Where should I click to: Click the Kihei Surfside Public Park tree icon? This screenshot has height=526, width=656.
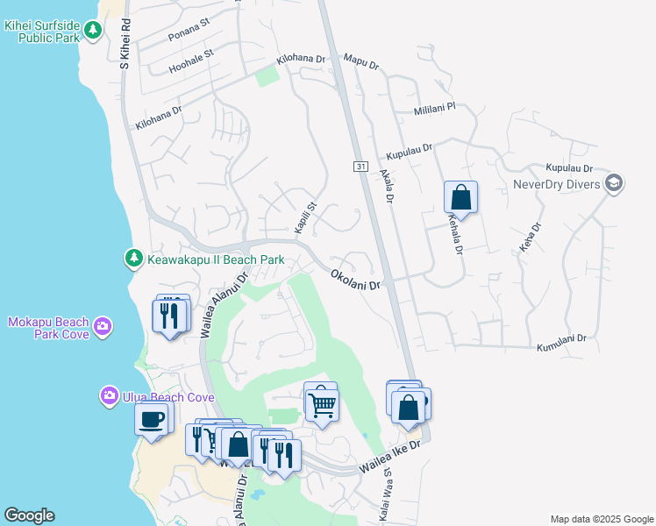[93, 32]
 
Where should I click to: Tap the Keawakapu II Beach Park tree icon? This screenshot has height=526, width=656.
[133, 259]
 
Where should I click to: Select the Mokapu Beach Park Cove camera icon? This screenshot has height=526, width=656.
[103, 327]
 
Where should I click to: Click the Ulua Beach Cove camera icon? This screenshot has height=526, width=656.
[110, 396]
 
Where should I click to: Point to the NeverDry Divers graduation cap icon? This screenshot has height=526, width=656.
[614, 183]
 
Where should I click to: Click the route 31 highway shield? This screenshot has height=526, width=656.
[360, 167]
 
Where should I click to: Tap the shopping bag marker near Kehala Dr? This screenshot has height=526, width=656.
[460, 197]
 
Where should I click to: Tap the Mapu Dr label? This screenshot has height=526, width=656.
[361, 62]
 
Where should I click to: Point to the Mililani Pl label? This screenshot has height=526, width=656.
[436, 110]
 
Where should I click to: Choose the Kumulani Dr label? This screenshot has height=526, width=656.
[560, 342]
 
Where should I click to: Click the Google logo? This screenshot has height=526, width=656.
[29, 515]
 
